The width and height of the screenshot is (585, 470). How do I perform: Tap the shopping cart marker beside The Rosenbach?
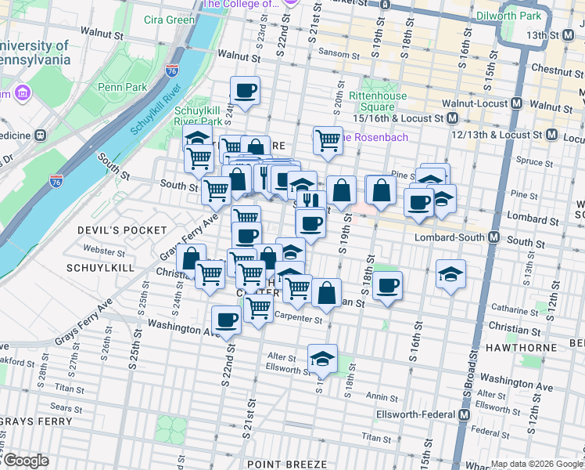(x=328, y=141)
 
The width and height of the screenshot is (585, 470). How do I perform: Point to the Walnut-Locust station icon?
(x=516, y=103)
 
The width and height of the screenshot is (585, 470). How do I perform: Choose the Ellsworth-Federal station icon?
(x=464, y=414)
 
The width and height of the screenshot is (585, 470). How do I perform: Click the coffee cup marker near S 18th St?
(x=386, y=286)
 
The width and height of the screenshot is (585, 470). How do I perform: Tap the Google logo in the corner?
(x=26, y=461)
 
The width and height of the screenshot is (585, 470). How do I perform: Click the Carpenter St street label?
(x=297, y=319)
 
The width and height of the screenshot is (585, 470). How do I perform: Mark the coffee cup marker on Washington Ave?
(x=227, y=319)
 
